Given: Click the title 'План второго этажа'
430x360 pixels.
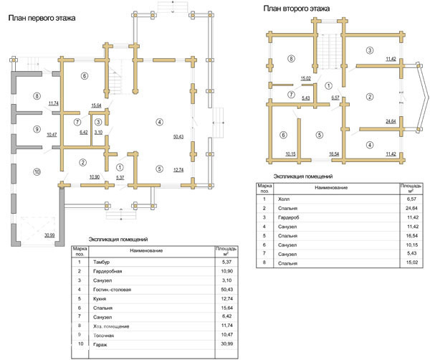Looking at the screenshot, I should click(295, 9).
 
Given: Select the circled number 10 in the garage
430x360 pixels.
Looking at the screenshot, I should click(37, 171).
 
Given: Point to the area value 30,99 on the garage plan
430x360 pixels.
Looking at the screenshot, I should click(49, 234).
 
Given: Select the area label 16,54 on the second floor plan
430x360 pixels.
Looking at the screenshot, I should click(334, 154).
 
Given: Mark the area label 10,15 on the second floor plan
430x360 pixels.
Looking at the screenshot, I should click(290, 154).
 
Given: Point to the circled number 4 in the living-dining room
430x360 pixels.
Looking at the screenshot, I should click(160, 123).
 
